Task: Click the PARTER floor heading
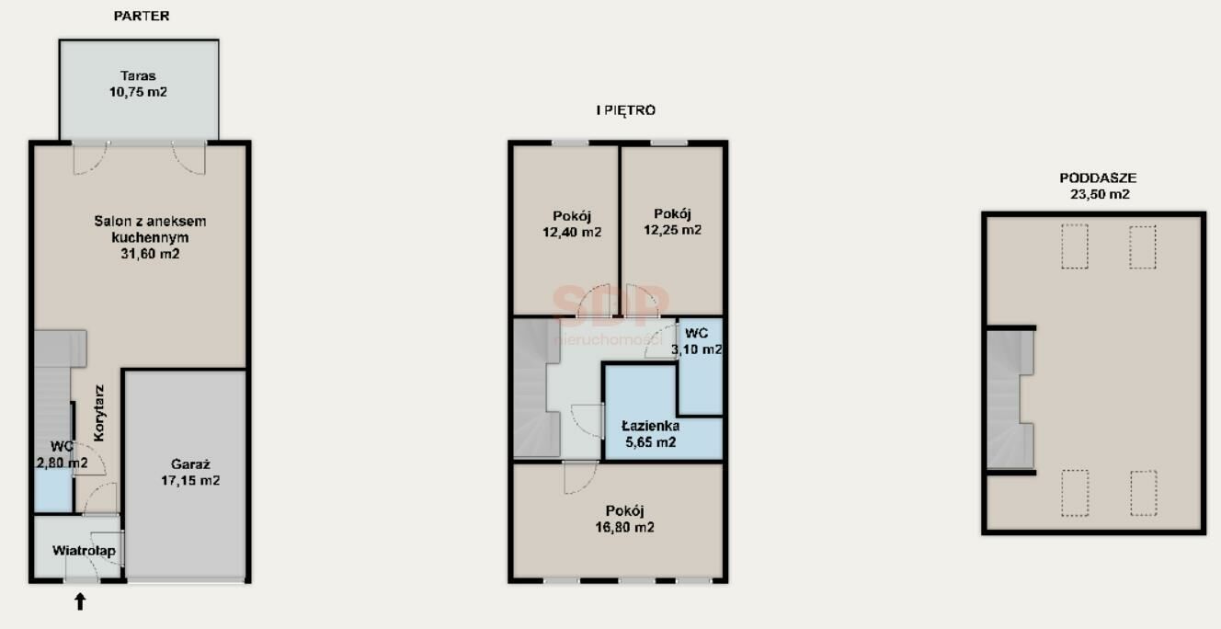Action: pos(142,16)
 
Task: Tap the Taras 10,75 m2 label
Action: pos(138,84)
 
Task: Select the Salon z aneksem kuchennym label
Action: pos(150,237)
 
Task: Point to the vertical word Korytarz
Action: pos(98,413)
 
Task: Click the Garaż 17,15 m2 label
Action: pos(190,472)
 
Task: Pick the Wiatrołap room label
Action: pos(84,551)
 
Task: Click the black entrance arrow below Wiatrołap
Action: pos(80,601)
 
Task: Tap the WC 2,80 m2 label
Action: pos(62,454)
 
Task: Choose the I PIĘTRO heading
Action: pos(626,110)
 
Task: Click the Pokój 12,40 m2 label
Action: pos(572,224)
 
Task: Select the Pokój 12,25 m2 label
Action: pos(673,222)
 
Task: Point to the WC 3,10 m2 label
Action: pos(697,341)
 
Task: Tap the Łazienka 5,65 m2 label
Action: pos(650,434)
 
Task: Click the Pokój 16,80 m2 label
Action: pos(624,519)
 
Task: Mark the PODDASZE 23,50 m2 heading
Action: pos(1099,186)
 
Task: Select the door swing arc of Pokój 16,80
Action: pos(587,483)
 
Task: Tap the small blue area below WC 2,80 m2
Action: pos(53,489)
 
